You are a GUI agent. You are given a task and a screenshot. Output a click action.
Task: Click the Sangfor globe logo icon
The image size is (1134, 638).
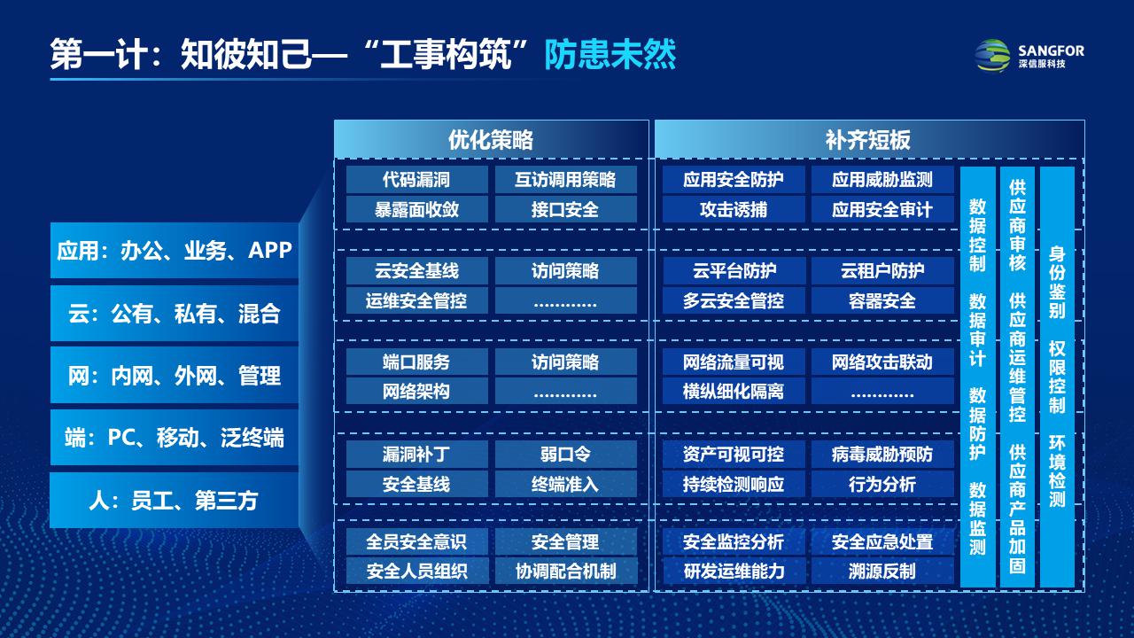[x=993, y=55]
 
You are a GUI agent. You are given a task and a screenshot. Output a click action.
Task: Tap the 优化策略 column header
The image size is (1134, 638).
[x=491, y=140]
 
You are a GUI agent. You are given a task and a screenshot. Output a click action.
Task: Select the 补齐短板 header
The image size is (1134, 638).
[x=869, y=140]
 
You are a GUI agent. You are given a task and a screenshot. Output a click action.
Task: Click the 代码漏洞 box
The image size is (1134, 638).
[x=416, y=179]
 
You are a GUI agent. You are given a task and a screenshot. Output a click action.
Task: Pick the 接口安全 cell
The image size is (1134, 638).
[x=565, y=209]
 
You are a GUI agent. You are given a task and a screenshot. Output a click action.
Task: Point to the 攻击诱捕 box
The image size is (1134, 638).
[x=734, y=209]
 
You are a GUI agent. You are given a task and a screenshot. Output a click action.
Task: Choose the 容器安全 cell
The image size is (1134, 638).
[x=882, y=300]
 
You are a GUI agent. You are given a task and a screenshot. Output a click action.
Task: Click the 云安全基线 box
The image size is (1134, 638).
[x=416, y=271]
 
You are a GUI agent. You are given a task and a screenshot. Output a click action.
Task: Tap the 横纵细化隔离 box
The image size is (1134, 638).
[x=734, y=391]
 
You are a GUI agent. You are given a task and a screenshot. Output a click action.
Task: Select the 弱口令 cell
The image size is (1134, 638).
[x=565, y=454]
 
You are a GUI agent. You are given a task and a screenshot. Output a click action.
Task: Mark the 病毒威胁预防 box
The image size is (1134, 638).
[x=882, y=454]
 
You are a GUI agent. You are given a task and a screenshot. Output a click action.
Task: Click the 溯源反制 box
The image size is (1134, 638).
[x=882, y=572]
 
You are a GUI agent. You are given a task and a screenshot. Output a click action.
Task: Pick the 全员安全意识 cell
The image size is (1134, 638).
[x=416, y=541]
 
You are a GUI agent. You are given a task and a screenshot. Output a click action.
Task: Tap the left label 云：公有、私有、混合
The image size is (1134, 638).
[x=175, y=314]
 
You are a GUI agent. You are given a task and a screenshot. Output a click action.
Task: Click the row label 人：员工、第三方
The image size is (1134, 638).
[x=175, y=501]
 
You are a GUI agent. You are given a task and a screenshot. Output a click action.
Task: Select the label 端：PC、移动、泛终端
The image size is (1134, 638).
[x=175, y=438]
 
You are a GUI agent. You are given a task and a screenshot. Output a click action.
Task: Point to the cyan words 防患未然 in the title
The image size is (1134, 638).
[x=610, y=54]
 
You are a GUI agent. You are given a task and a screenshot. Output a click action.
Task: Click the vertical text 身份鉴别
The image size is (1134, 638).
[x=1057, y=282]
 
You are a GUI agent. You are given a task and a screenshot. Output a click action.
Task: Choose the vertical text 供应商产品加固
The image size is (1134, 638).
[x=1017, y=509]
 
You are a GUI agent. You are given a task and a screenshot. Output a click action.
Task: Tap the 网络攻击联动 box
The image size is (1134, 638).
[x=882, y=362]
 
